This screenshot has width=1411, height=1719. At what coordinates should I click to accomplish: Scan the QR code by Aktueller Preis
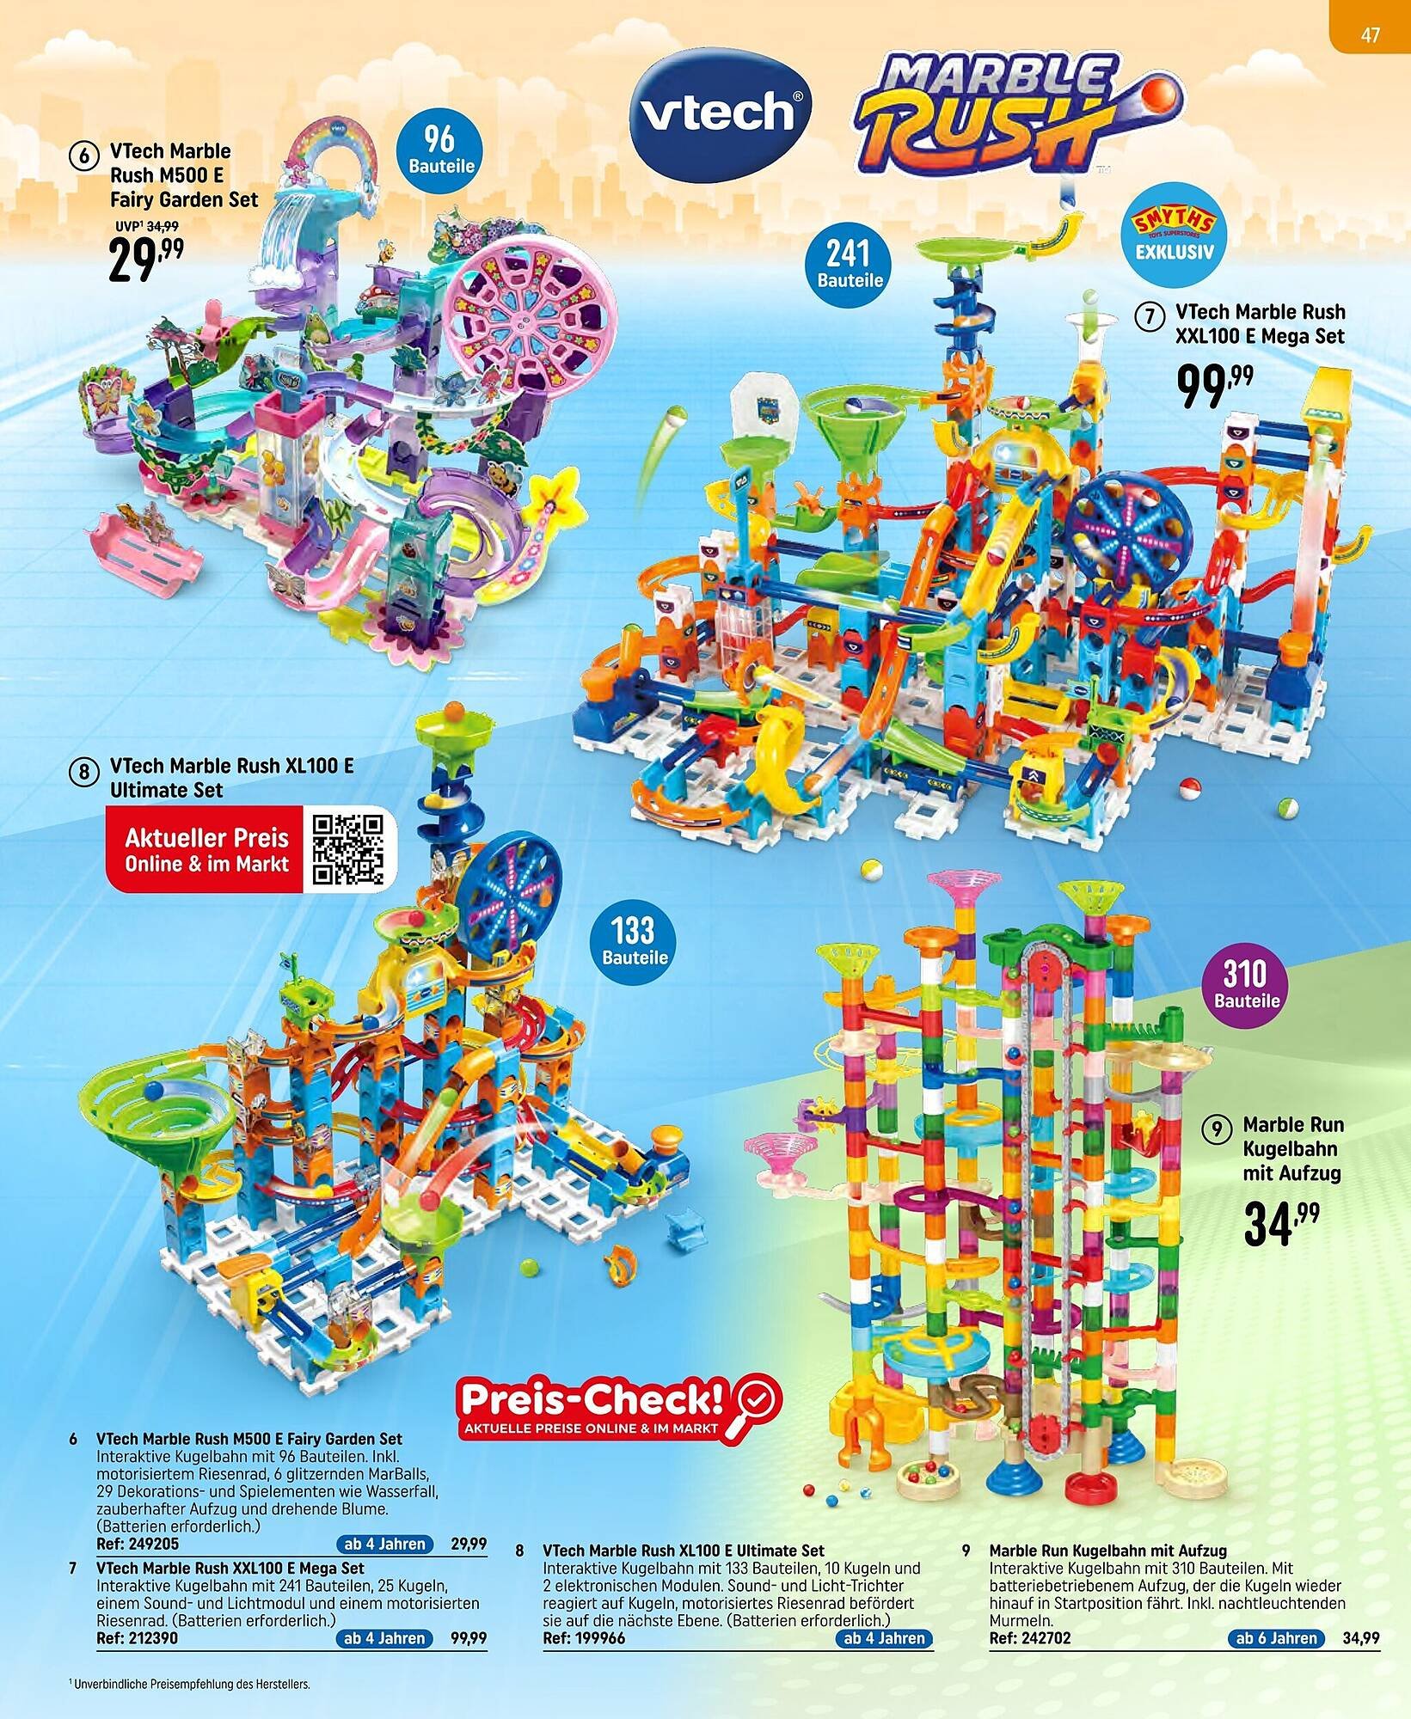[348, 849]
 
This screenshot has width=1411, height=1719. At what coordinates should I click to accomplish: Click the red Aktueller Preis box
[206, 849]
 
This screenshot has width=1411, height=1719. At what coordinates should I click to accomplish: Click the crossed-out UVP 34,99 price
[162, 226]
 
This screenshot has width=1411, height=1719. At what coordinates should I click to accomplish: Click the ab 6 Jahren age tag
[1276, 1637]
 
